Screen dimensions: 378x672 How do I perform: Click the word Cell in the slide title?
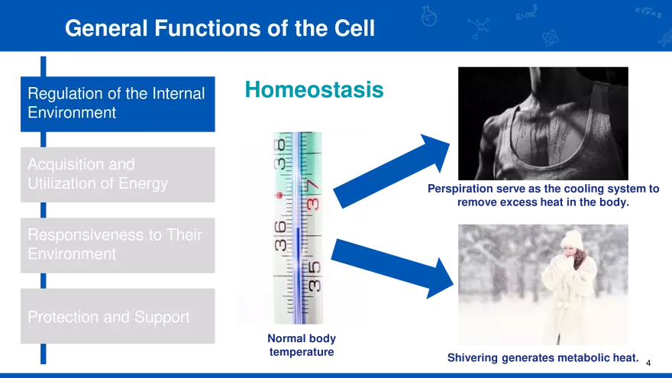353,28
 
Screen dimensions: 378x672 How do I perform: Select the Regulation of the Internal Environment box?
118,103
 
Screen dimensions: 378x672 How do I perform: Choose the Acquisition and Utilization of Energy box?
118,174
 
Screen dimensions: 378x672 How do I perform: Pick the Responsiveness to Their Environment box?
118,244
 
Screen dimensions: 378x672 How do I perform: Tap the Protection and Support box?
118,317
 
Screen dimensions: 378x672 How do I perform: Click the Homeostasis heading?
314,89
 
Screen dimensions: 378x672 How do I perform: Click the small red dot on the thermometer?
279,196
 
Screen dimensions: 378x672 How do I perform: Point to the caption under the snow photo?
543,357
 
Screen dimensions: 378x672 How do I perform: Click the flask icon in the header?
429,16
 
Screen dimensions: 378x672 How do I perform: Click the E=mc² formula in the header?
526,15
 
